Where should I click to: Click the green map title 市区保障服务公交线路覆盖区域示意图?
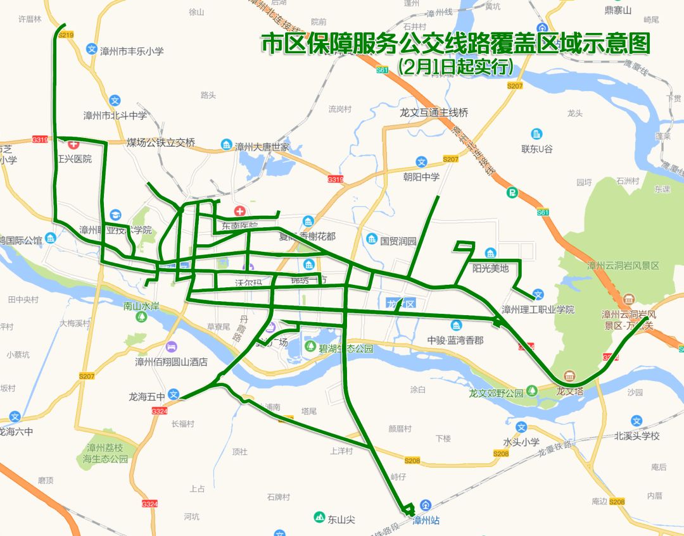point(456,44)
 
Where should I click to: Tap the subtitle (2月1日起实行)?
point(455,66)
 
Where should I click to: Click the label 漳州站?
point(426,521)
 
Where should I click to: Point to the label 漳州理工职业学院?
point(538,309)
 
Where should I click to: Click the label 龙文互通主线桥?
point(434,113)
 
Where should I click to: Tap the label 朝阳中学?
point(421,177)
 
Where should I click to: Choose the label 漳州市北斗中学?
point(115,116)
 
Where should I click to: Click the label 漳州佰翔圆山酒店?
point(171,363)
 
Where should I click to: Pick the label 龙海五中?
point(146,397)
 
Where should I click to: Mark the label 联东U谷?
point(537,149)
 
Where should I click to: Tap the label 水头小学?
point(521,442)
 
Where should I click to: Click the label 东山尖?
point(341,520)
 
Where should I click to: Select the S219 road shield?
point(66,35)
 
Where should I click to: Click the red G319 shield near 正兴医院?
point(40,139)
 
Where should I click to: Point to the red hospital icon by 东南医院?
point(239,211)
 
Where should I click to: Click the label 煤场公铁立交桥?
point(161,142)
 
